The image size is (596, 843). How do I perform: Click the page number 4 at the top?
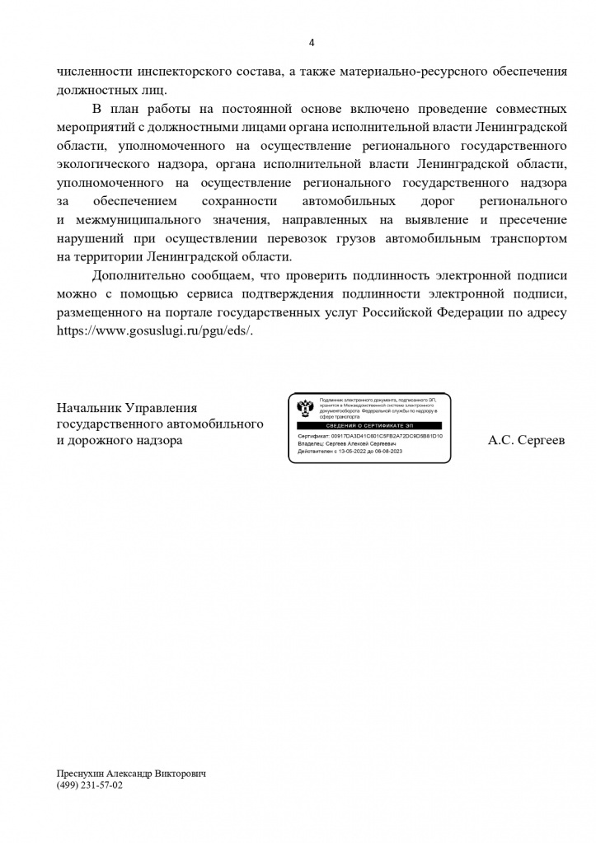tap(311, 43)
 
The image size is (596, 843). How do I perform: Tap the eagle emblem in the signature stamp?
tap(303, 407)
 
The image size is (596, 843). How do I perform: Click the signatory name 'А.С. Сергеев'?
tap(527, 440)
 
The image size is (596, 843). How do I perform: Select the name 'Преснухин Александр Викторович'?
tap(130, 774)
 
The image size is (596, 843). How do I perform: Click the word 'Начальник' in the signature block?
tap(87, 407)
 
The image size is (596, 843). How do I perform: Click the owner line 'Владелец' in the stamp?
tap(346, 443)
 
